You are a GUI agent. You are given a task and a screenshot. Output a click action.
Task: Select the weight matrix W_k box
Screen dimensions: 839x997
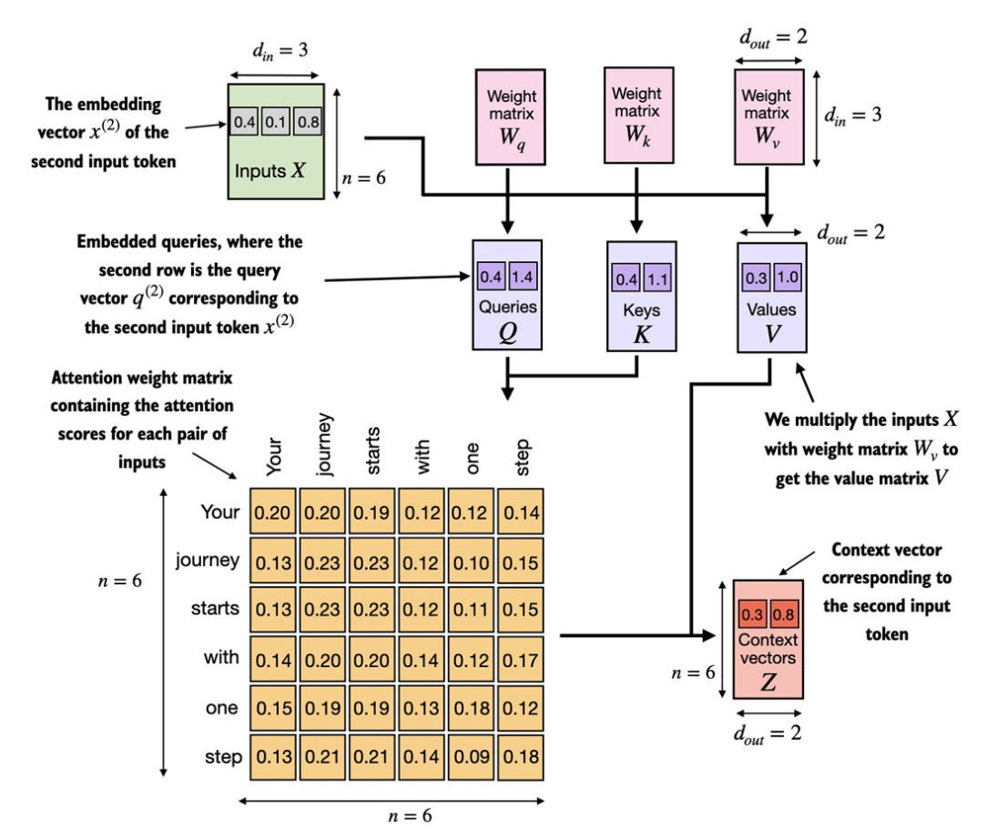pos(636,116)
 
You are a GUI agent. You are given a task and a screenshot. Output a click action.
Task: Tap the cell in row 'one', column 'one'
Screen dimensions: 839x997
pos(472,708)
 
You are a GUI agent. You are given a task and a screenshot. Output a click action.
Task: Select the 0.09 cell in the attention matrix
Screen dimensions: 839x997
pos(472,757)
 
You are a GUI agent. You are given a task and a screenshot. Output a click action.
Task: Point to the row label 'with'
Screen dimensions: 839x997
pos(221,658)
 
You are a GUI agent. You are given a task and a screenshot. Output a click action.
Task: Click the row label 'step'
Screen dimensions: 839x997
pos(223,757)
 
